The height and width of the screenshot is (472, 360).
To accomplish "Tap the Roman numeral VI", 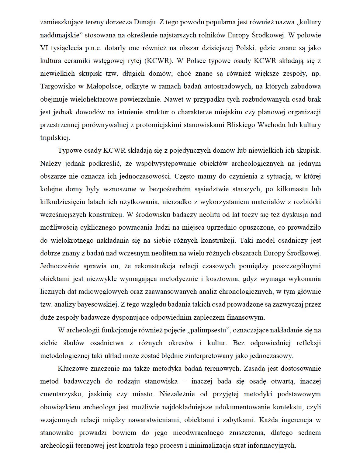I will (x=44, y=48).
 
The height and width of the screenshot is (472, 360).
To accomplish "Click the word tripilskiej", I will (x=55, y=138).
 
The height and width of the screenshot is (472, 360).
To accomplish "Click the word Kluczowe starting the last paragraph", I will (x=73, y=369).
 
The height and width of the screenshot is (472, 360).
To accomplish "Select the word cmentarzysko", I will (x=61, y=394).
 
